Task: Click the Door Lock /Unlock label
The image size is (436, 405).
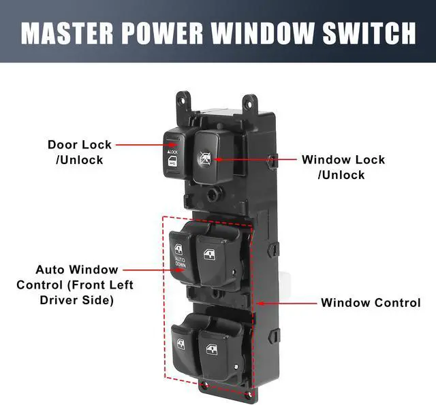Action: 79,152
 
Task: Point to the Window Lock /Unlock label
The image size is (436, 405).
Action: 343,167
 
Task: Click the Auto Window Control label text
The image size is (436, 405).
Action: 75,285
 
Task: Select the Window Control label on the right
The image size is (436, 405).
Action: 371,303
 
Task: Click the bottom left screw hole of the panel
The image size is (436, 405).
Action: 204,385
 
